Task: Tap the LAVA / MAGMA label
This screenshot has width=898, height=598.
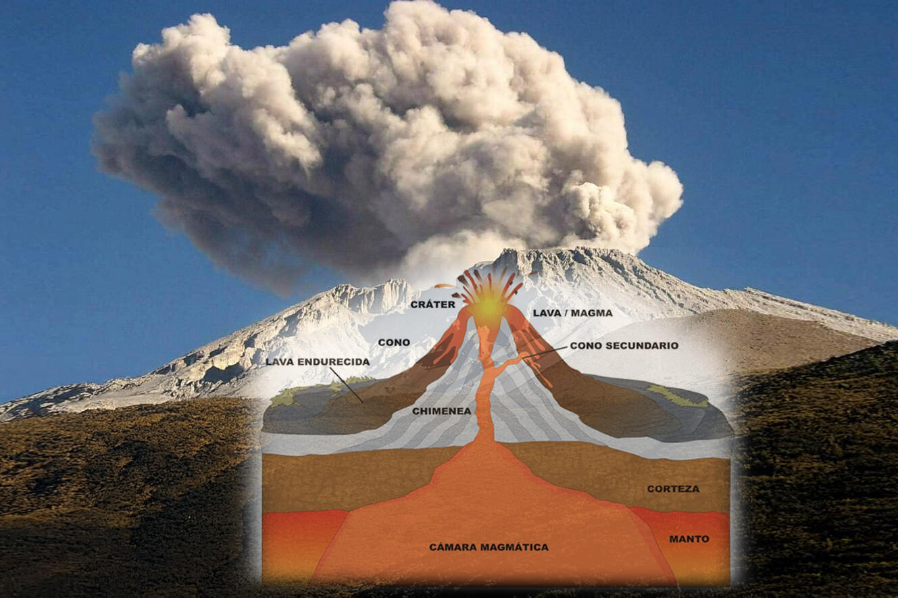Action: (x=572, y=313)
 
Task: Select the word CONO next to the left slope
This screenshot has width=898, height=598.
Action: (x=394, y=343)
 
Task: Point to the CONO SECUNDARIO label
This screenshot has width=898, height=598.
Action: (x=624, y=345)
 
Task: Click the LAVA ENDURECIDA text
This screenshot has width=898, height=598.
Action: (x=318, y=362)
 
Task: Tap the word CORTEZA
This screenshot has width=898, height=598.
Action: (x=673, y=489)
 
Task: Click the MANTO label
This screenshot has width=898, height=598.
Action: (x=689, y=539)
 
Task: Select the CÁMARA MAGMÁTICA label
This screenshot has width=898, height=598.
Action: (x=489, y=547)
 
